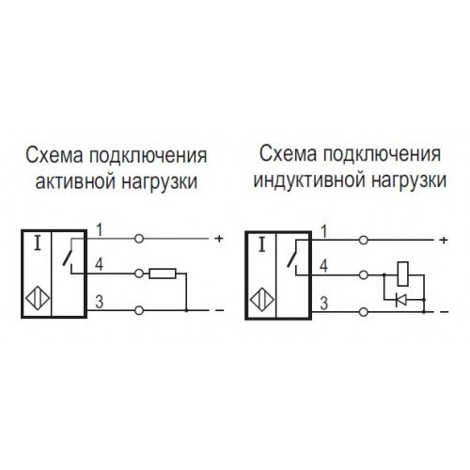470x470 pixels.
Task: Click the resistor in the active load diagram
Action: point(163,274)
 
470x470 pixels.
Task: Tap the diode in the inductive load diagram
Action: point(400,300)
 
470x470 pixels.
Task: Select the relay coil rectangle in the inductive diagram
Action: point(402,274)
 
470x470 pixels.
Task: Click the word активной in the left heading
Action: point(75,181)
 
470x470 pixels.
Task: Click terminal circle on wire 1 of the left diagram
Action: point(139,239)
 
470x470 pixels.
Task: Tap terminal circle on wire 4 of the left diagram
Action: point(139,274)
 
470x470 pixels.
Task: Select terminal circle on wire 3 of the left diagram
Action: point(139,310)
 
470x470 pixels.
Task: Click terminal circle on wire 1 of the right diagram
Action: point(364,241)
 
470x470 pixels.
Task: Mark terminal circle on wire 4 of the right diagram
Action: point(364,275)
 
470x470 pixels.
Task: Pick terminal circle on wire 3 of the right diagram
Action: point(364,312)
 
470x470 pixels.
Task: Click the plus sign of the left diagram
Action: point(219,239)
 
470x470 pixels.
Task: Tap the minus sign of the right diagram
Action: point(445,312)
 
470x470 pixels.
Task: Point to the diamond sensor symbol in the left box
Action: point(38,299)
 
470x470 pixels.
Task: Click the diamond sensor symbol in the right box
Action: point(262,300)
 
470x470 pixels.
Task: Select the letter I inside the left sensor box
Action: point(38,243)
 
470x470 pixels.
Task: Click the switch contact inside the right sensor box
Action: point(293,257)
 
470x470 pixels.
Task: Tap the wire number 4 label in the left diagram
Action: point(99,265)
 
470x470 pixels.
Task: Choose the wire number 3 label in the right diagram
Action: point(323,304)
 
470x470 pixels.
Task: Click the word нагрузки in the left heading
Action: point(160,181)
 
